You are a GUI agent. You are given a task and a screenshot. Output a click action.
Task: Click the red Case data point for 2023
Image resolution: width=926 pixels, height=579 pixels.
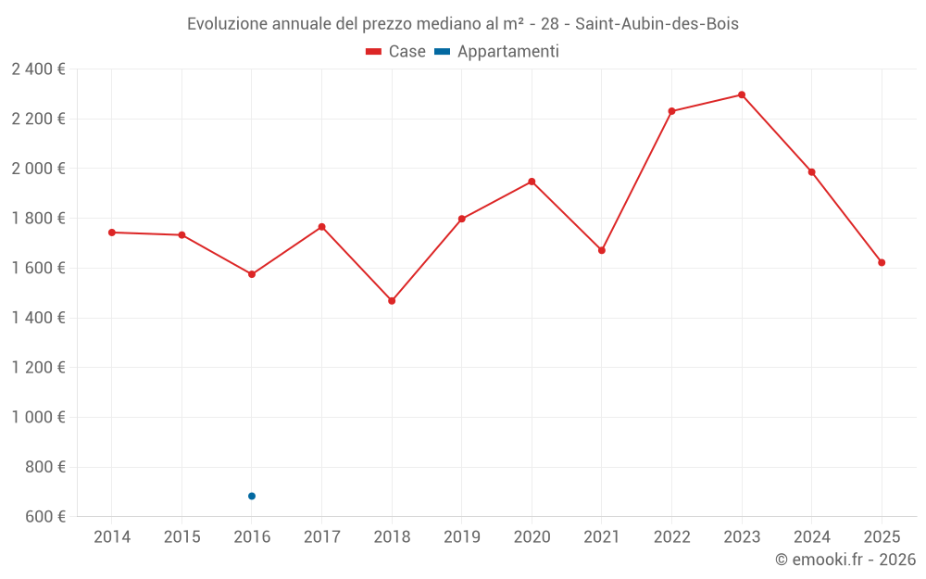pos(742,94)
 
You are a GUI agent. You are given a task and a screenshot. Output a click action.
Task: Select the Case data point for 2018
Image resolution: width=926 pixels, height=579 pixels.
pos(392,301)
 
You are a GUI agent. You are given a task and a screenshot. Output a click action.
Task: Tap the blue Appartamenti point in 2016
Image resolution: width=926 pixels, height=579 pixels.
pos(252,497)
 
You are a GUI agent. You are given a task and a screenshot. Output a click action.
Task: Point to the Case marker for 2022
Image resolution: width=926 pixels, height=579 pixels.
pos(671,111)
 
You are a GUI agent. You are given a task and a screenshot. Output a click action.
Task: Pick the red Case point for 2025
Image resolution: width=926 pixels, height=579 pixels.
pos(882,262)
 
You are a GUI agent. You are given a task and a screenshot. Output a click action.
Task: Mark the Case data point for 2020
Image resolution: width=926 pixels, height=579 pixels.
pos(532,182)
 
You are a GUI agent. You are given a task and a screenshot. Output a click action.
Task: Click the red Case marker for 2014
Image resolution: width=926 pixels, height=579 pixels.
pos(112,233)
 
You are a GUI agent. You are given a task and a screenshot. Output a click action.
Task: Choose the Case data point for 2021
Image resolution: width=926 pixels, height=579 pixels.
pos(602,250)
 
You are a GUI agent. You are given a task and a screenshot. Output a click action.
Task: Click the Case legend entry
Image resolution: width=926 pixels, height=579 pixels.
pos(396,52)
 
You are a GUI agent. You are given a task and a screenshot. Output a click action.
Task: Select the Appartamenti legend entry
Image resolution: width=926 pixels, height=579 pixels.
pos(497,52)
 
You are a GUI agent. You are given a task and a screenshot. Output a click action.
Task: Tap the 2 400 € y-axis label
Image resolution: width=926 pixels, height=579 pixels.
pos(38,69)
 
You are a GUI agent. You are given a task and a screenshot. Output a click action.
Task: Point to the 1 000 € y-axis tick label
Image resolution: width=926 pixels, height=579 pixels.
pos(38,418)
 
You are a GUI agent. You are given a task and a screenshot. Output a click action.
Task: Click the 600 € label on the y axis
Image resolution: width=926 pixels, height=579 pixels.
pos(44,517)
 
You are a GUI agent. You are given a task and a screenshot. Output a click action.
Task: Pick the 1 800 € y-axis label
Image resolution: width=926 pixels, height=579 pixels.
pos(38,219)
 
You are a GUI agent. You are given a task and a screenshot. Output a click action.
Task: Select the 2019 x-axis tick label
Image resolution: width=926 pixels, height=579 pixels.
pos(462,537)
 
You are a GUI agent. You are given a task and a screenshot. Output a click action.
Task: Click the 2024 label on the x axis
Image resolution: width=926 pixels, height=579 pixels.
pos(811,537)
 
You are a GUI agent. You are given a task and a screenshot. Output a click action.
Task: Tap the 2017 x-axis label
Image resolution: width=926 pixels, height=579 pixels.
pos(321,537)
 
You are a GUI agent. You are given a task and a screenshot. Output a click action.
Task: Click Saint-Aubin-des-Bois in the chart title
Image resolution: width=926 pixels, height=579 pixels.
pos(657,24)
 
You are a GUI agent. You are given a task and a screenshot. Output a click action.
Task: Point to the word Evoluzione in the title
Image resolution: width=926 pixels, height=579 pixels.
pos(227,24)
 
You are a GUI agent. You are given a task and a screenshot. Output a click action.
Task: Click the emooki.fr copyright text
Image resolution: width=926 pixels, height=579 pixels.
pos(845,560)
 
